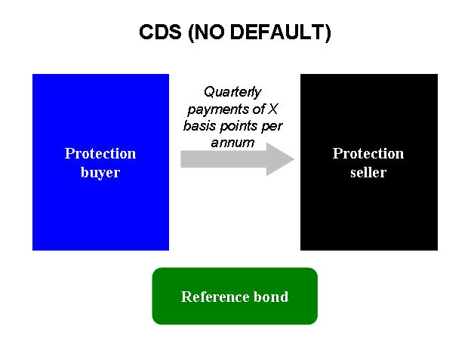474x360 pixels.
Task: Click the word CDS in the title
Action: tap(157, 33)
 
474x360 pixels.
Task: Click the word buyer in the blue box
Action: tap(100, 172)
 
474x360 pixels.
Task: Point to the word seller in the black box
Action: tap(368, 172)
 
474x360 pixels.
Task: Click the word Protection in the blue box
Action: tap(100, 153)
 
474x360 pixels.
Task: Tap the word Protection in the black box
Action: tap(368, 153)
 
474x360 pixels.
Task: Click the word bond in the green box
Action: tap(272, 297)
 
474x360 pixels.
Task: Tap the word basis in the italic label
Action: tap(199, 125)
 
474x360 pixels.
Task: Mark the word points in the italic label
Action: tap(239, 125)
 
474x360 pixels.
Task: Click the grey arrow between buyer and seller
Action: tap(226, 158)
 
